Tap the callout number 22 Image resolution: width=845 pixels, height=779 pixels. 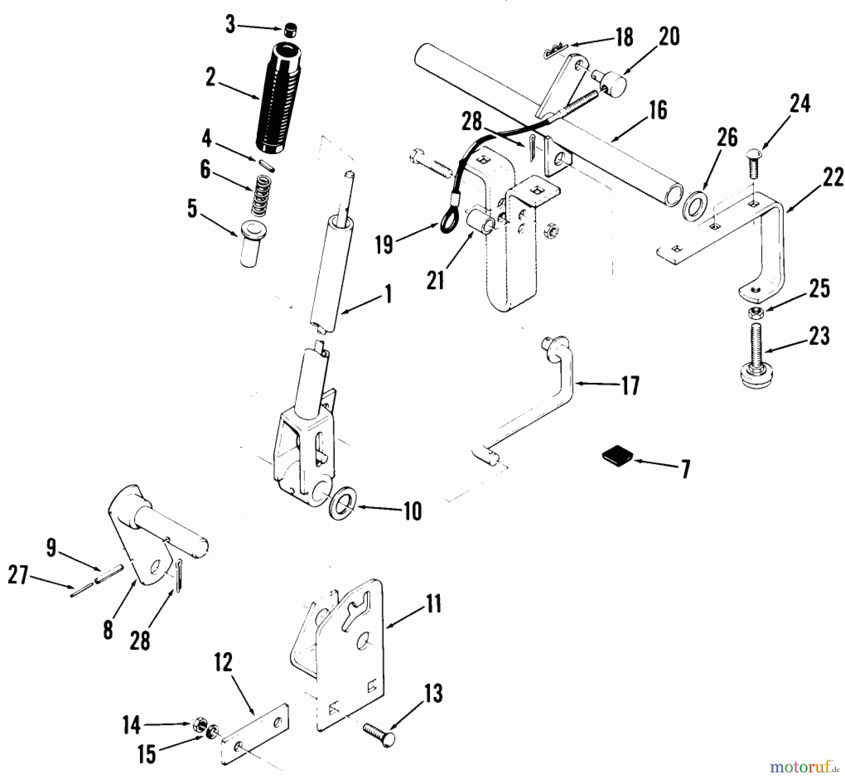click(x=832, y=179)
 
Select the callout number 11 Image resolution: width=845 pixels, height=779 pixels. click(x=434, y=605)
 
